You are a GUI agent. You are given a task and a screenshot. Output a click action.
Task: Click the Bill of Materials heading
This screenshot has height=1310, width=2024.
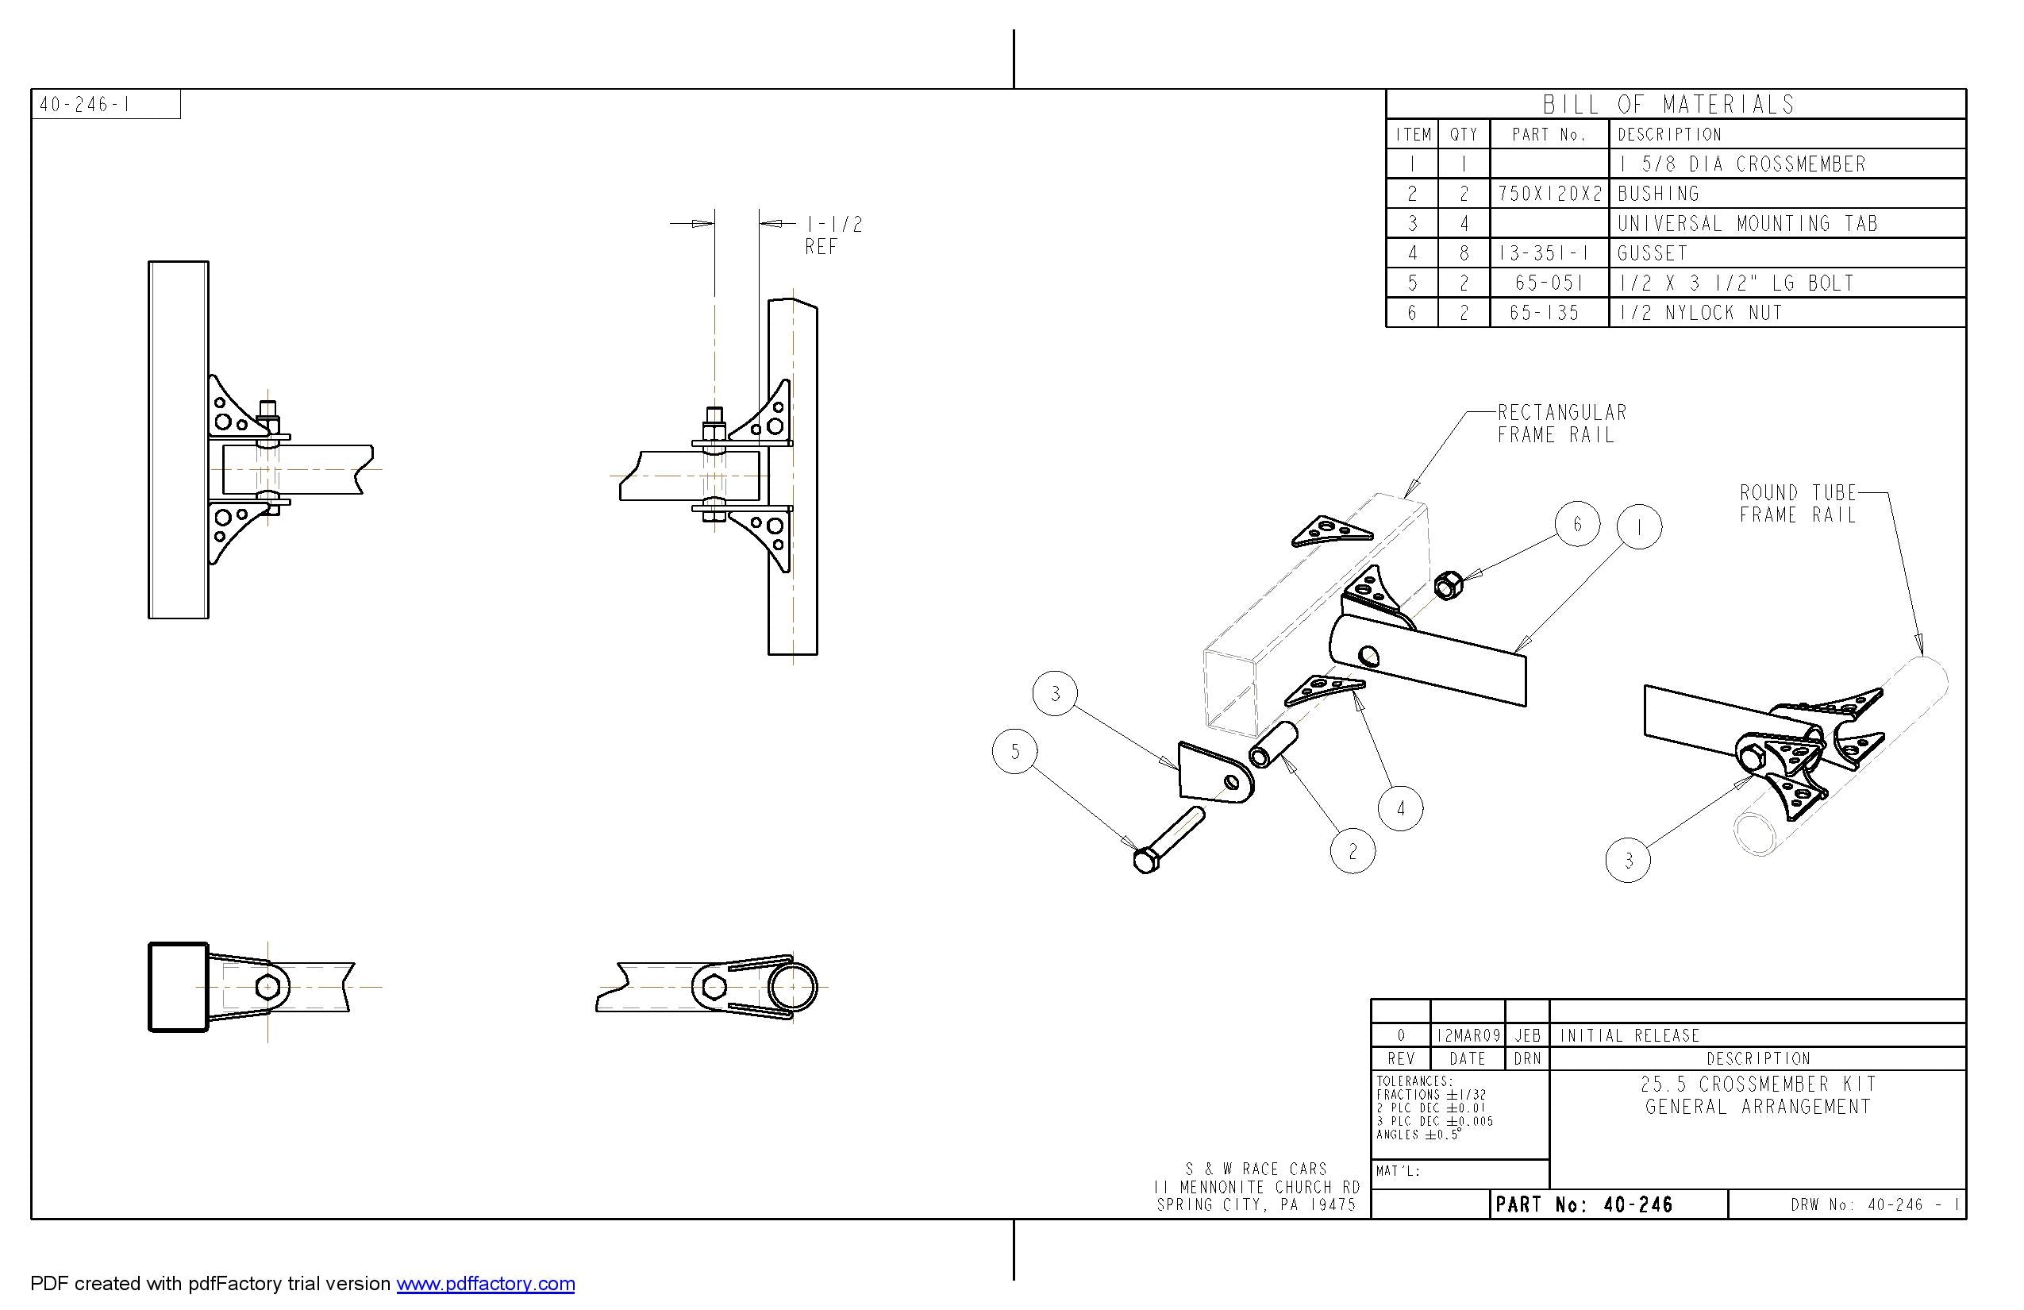[1668, 105]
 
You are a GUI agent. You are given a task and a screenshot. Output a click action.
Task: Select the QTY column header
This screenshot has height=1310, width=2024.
[1464, 134]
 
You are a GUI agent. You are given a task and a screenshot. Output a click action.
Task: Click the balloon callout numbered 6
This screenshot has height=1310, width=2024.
[1576, 524]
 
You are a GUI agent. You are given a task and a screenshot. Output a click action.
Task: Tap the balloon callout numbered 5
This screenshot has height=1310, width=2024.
[1014, 751]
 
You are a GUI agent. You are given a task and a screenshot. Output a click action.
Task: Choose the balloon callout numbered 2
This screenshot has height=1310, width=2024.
[1353, 850]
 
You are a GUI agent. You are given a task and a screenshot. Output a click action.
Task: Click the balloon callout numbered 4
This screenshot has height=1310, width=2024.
[1401, 808]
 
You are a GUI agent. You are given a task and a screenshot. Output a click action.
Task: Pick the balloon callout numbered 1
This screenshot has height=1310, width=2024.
[1639, 527]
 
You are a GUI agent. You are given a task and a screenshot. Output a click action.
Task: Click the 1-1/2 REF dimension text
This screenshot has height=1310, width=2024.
[833, 236]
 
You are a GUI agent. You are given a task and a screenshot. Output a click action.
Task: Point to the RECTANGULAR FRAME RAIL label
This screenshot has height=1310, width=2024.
[1561, 424]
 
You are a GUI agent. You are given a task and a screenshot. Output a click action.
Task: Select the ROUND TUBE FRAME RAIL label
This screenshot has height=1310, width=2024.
[1797, 503]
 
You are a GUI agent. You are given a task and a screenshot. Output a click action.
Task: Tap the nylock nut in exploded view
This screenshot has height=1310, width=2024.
[1448, 585]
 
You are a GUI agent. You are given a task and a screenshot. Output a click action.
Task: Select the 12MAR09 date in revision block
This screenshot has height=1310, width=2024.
[1467, 1035]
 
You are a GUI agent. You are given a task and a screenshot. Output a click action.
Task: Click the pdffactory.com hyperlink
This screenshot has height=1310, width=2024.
[485, 1283]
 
